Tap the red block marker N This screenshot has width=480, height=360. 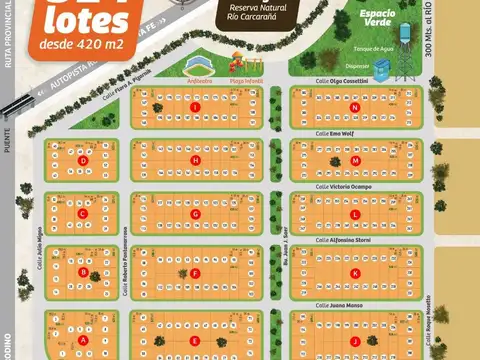coord(355,106)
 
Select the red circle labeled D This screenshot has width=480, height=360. coord(83,159)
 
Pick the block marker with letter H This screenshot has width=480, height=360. coord(195,160)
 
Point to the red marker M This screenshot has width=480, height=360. coord(355,160)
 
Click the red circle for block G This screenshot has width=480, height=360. coord(195,213)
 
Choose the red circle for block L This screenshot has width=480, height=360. coord(355,214)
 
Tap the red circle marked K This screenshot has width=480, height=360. coord(355,272)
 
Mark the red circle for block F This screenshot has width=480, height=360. coord(195,272)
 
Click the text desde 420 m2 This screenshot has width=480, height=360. coord(76,44)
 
